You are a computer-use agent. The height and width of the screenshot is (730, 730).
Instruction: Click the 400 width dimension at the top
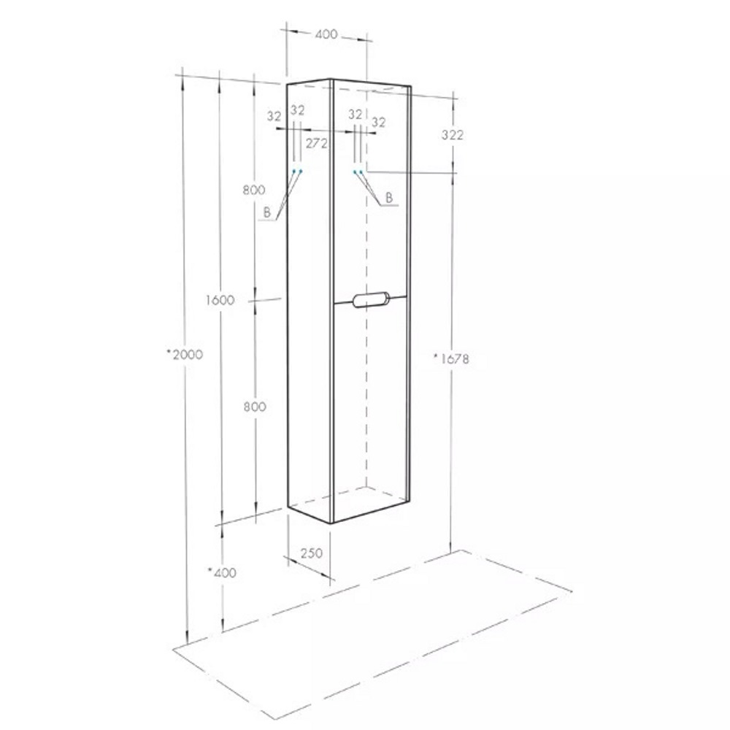[326, 34]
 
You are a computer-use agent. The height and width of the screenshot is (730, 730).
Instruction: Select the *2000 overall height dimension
[185, 354]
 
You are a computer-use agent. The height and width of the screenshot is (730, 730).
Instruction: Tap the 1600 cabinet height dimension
[220, 300]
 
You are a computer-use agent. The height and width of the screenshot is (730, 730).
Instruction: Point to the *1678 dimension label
[451, 358]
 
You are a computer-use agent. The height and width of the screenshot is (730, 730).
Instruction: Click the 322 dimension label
[453, 135]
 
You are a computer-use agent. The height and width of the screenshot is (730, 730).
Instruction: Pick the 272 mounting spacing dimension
[317, 143]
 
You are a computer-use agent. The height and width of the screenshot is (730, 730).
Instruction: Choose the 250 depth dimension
[312, 553]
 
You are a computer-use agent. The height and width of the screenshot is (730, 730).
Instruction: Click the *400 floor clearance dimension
[222, 572]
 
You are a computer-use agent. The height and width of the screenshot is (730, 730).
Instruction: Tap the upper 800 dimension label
[254, 190]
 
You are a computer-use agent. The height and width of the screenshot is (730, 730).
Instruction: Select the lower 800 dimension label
[255, 407]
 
